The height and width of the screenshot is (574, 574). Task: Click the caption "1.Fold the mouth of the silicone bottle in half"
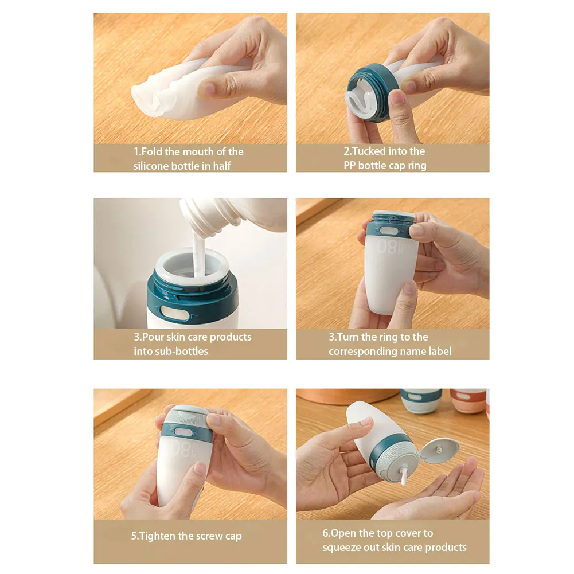[x=189, y=159]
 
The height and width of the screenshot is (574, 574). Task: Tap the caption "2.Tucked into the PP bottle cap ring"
[x=385, y=159]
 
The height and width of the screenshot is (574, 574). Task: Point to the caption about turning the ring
[x=390, y=344]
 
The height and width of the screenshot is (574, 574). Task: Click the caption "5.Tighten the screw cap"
[x=186, y=536]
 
